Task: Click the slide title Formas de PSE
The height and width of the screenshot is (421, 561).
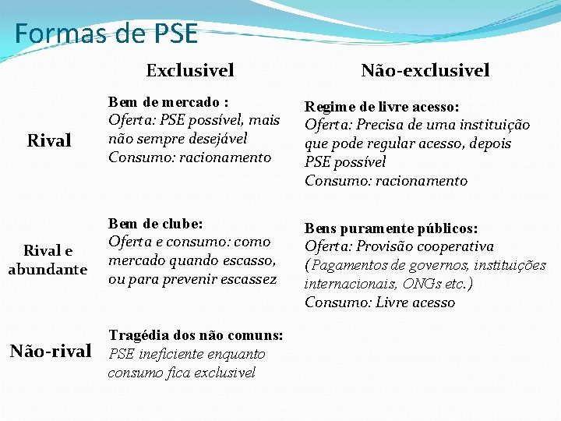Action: tap(106, 34)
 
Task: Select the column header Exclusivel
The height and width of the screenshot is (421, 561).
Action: tap(190, 70)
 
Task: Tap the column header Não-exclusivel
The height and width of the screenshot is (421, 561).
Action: tap(425, 70)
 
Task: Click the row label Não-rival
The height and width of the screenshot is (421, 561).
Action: tap(51, 351)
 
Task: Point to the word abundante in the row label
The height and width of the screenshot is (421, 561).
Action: tap(48, 270)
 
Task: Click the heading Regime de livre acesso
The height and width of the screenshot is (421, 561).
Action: tap(381, 106)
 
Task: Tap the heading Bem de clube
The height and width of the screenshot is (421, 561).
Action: tap(156, 224)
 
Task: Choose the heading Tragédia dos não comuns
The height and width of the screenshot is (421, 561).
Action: tap(196, 335)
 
